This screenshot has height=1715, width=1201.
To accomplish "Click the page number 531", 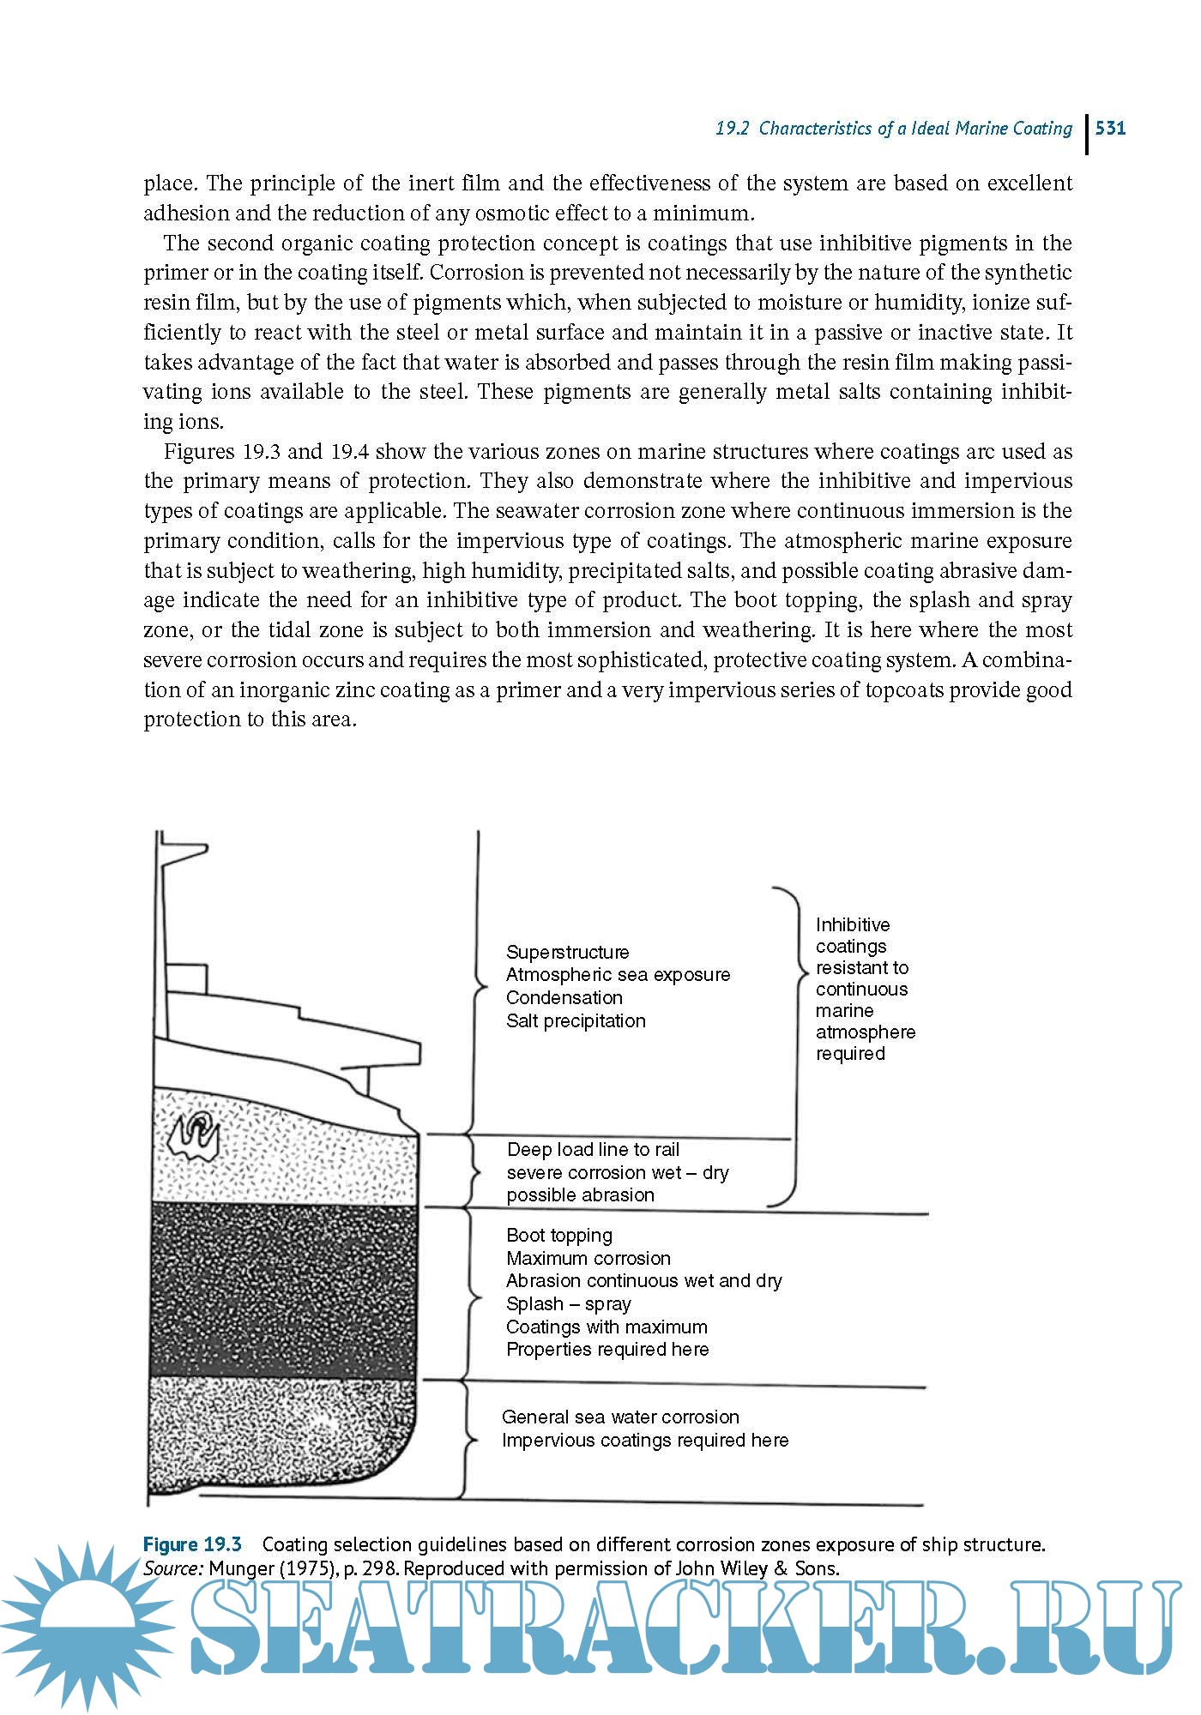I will [1110, 129].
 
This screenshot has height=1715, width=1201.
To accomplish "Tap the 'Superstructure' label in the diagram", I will [567, 952].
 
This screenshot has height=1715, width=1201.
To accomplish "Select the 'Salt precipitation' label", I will [576, 1020].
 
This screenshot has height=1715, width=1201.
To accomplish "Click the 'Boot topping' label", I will [559, 1235].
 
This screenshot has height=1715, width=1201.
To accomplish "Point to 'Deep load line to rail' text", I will [593, 1149].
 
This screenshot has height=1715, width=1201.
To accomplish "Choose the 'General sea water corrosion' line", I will [620, 1417].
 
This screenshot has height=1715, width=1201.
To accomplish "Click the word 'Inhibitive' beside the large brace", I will [853, 924].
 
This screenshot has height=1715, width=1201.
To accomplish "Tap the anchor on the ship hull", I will [195, 1137].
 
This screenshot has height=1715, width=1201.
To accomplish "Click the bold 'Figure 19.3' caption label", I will [192, 1544].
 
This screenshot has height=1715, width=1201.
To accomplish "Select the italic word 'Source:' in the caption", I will [173, 1568].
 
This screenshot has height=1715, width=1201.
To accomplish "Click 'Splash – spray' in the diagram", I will [568, 1303].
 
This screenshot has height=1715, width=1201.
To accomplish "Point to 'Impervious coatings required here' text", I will [645, 1440].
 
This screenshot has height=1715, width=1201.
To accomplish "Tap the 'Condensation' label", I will [564, 997].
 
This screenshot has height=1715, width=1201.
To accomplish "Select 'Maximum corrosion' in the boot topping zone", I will [588, 1258].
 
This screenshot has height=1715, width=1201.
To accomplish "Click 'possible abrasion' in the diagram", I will [580, 1194].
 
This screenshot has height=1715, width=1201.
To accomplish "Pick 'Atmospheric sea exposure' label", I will [618, 974].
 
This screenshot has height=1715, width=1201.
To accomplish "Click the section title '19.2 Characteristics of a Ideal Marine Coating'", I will [894, 129].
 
